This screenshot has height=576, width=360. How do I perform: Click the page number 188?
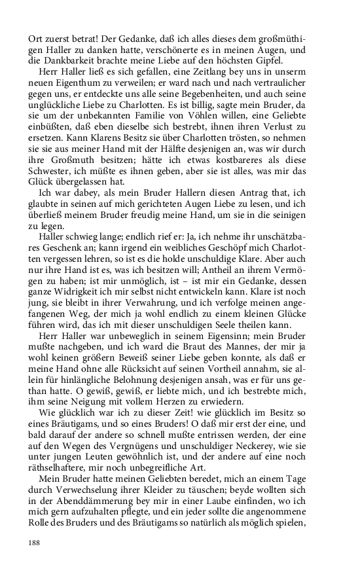pos(35,543)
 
